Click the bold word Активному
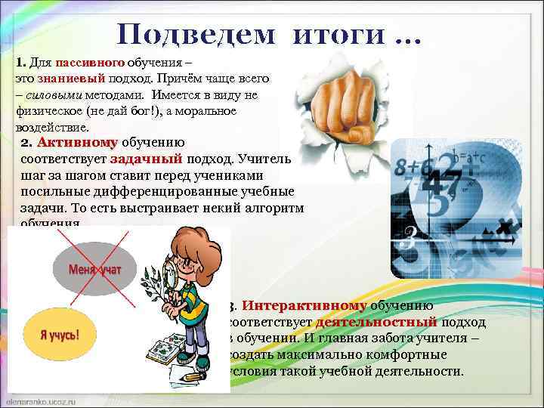(78, 143)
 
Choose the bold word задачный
(146, 159)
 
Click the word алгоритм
(270, 209)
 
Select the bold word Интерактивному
(305, 306)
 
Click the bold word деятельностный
(376, 323)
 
